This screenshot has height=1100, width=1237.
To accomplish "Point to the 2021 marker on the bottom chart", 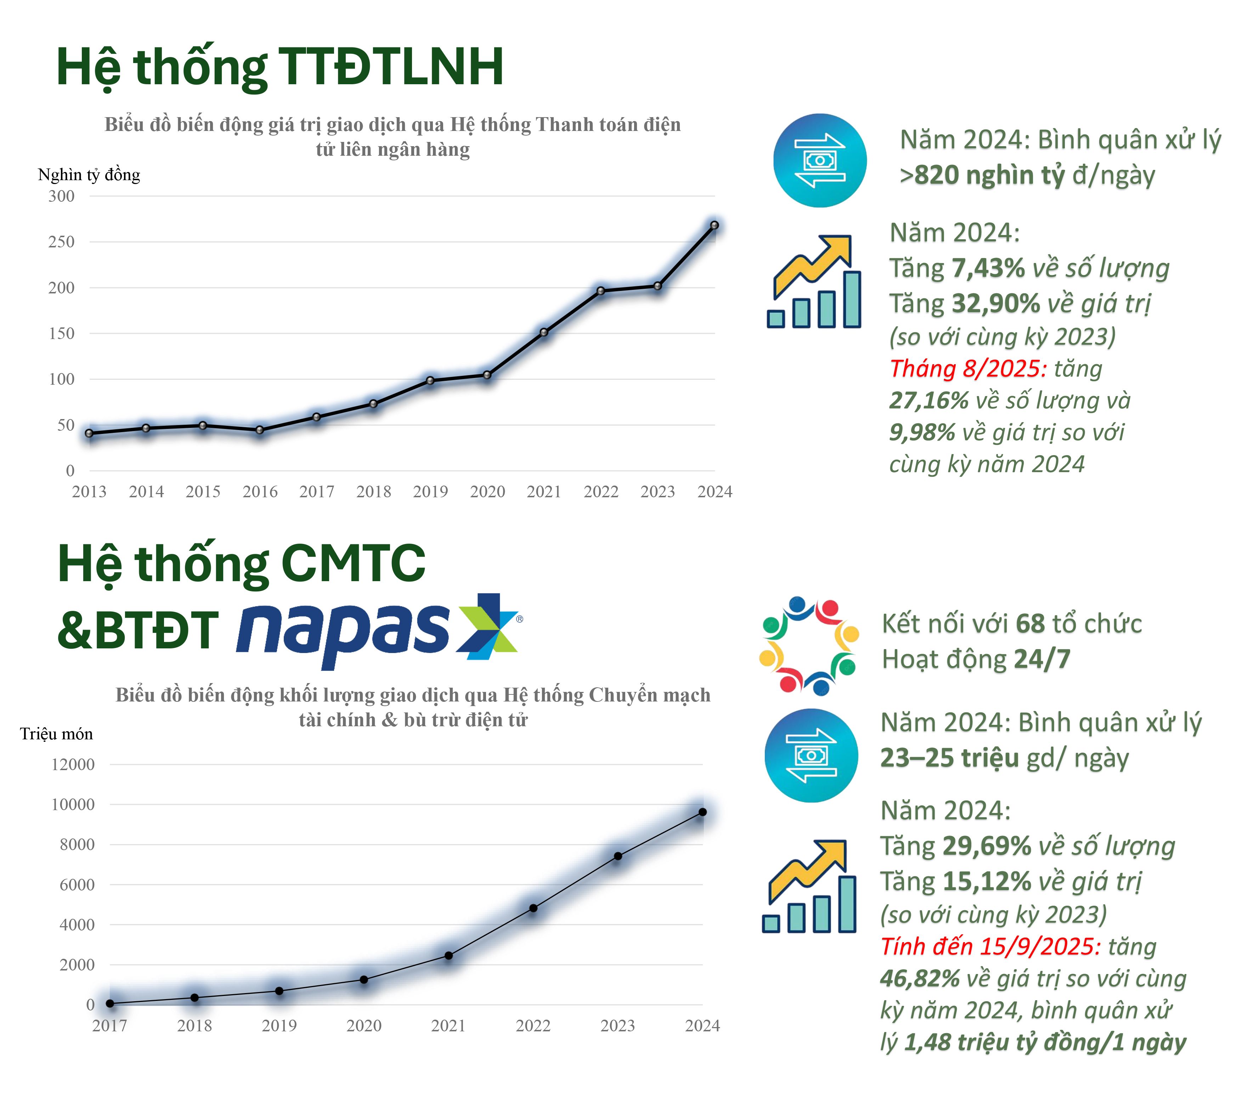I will click(x=448, y=956).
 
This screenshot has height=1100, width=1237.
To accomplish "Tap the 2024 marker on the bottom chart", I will click(x=702, y=813).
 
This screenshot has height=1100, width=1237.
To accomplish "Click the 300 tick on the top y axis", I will click(x=62, y=196).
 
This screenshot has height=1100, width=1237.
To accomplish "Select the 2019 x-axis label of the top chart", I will click(x=430, y=492).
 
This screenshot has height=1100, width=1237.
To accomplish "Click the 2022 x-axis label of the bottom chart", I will click(x=532, y=1026).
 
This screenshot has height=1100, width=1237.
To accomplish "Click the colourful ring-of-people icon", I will click(x=809, y=644).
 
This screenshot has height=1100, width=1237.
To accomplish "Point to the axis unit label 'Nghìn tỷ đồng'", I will click(x=89, y=175).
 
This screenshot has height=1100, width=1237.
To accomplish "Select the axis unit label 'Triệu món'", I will click(x=56, y=734).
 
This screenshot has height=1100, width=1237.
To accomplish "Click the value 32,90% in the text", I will click(x=995, y=304).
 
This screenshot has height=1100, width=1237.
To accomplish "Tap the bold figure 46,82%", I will click(x=919, y=979).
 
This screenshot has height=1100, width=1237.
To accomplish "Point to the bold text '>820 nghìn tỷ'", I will click(x=982, y=176).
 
